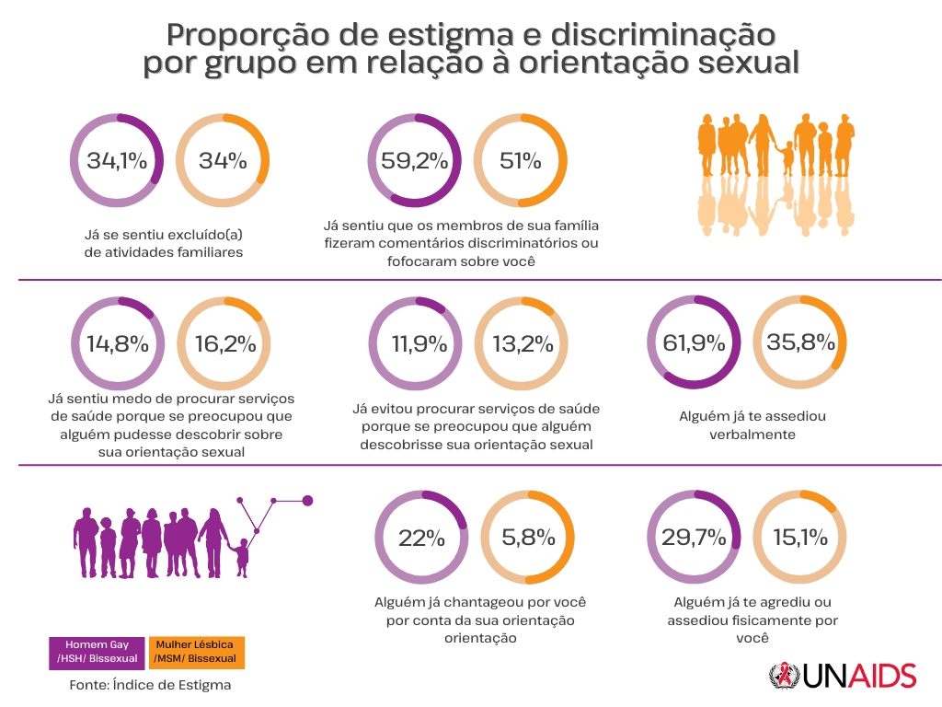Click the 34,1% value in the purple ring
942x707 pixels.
pyautogui.click(x=117, y=161)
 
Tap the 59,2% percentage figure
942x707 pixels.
pyautogui.click(x=415, y=161)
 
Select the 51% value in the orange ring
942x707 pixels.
pyautogui.click(x=521, y=161)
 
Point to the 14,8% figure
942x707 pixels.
pyautogui.click(x=118, y=344)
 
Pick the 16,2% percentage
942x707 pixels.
pyautogui.click(x=224, y=344)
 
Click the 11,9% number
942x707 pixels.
pyautogui.click(x=417, y=344)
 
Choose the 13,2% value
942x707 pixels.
pyautogui.click(x=523, y=344)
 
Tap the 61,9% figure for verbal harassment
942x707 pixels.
pyautogui.click(x=695, y=342)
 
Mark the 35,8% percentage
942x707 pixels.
pyautogui.click(x=800, y=342)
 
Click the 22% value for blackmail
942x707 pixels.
pyautogui.click(x=421, y=538)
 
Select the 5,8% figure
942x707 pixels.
pyautogui.click(x=528, y=538)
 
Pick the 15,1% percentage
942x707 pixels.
pyautogui.click(x=800, y=538)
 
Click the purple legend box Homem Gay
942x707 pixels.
pyautogui.click(x=96, y=652)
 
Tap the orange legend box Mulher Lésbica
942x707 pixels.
pyautogui.click(x=195, y=652)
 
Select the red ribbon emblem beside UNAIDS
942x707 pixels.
pyautogui.click(x=784, y=677)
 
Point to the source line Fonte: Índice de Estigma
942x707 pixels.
pyautogui.click(x=150, y=686)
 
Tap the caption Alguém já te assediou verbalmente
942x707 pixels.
pyautogui.click(x=752, y=424)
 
